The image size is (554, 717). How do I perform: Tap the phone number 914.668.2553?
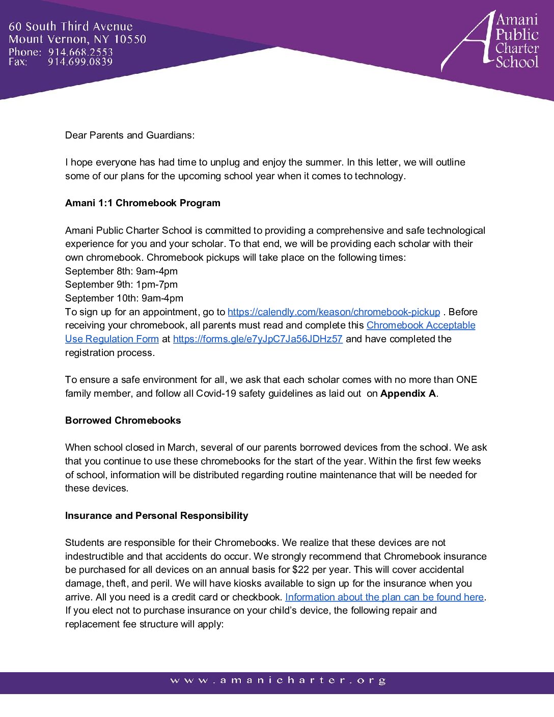pyautogui.click(x=80, y=52)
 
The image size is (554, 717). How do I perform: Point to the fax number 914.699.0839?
pyautogui.click(x=80, y=62)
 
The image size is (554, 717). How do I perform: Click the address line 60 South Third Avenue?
pyautogui.click(x=70, y=26)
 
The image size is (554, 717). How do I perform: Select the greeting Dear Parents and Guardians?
pyautogui.click(x=130, y=135)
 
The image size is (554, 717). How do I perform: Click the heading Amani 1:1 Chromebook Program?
pyautogui.click(x=143, y=203)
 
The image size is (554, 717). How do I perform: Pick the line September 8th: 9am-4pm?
pyautogui.click(x=121, y=271)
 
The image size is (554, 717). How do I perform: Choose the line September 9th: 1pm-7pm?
pyautogui.click(x=121, y=284)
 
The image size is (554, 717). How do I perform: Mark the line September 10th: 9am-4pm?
pyautogui.click(x=124, y=298)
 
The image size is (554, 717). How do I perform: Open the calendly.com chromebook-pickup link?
pyautogui.click(x=334, y=312)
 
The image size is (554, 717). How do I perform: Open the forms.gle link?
pyautogui.click(x=258, y=339)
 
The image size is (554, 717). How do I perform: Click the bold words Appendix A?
pyautogui.click(x=408, y=393)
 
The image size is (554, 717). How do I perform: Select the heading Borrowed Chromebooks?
pyautogui.click(x=123, y=420)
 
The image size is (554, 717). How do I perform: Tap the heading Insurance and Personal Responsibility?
pyautogui.click(x=156, y=515)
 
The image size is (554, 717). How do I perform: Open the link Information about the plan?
pyautogui.click(x=384, y=597)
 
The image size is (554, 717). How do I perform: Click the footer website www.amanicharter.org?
pyautogui.click(x=278, y=680)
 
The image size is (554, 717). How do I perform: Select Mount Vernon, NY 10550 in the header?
pyautogui.click(x=77, y=39)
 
